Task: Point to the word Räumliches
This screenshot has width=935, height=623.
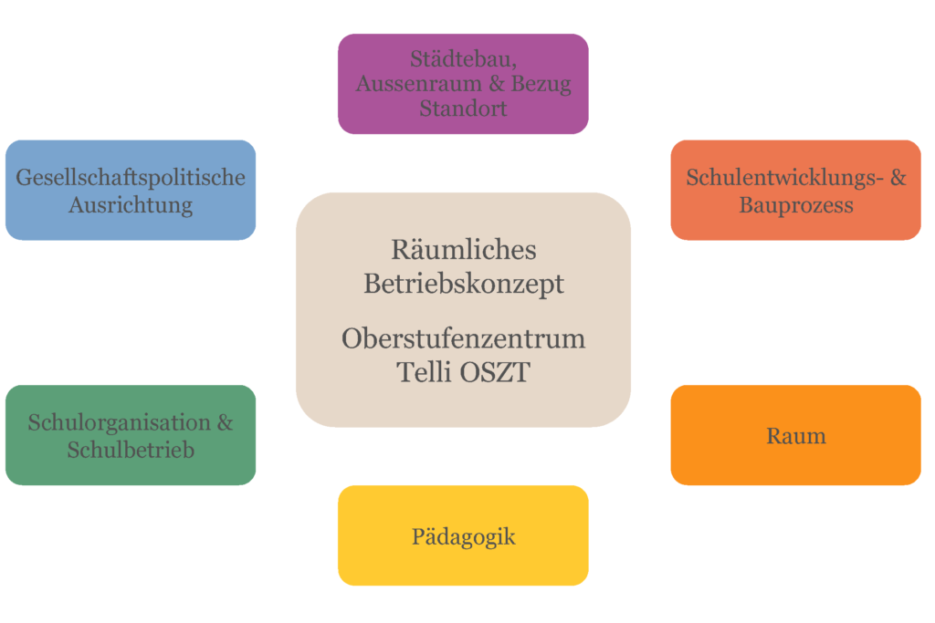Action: [464, 249]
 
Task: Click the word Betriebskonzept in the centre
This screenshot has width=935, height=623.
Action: [464, 284]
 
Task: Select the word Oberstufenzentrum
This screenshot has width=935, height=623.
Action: [464, 338]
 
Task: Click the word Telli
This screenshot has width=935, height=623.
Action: [425, 372]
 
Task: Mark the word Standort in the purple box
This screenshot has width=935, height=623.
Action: [463, 108]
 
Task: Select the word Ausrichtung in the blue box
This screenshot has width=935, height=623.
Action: [131, 204]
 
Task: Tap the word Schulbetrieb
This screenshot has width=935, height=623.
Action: [131, 450]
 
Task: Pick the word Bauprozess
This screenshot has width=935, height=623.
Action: [796, 204]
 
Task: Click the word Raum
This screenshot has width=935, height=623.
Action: [796, 436]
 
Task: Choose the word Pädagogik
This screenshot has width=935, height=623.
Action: [463, 536]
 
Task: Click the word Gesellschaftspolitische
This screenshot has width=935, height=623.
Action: [131, 177]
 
